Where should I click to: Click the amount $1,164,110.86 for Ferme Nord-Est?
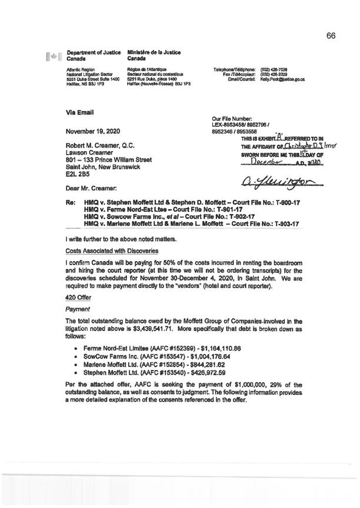[x=209, y=340]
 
